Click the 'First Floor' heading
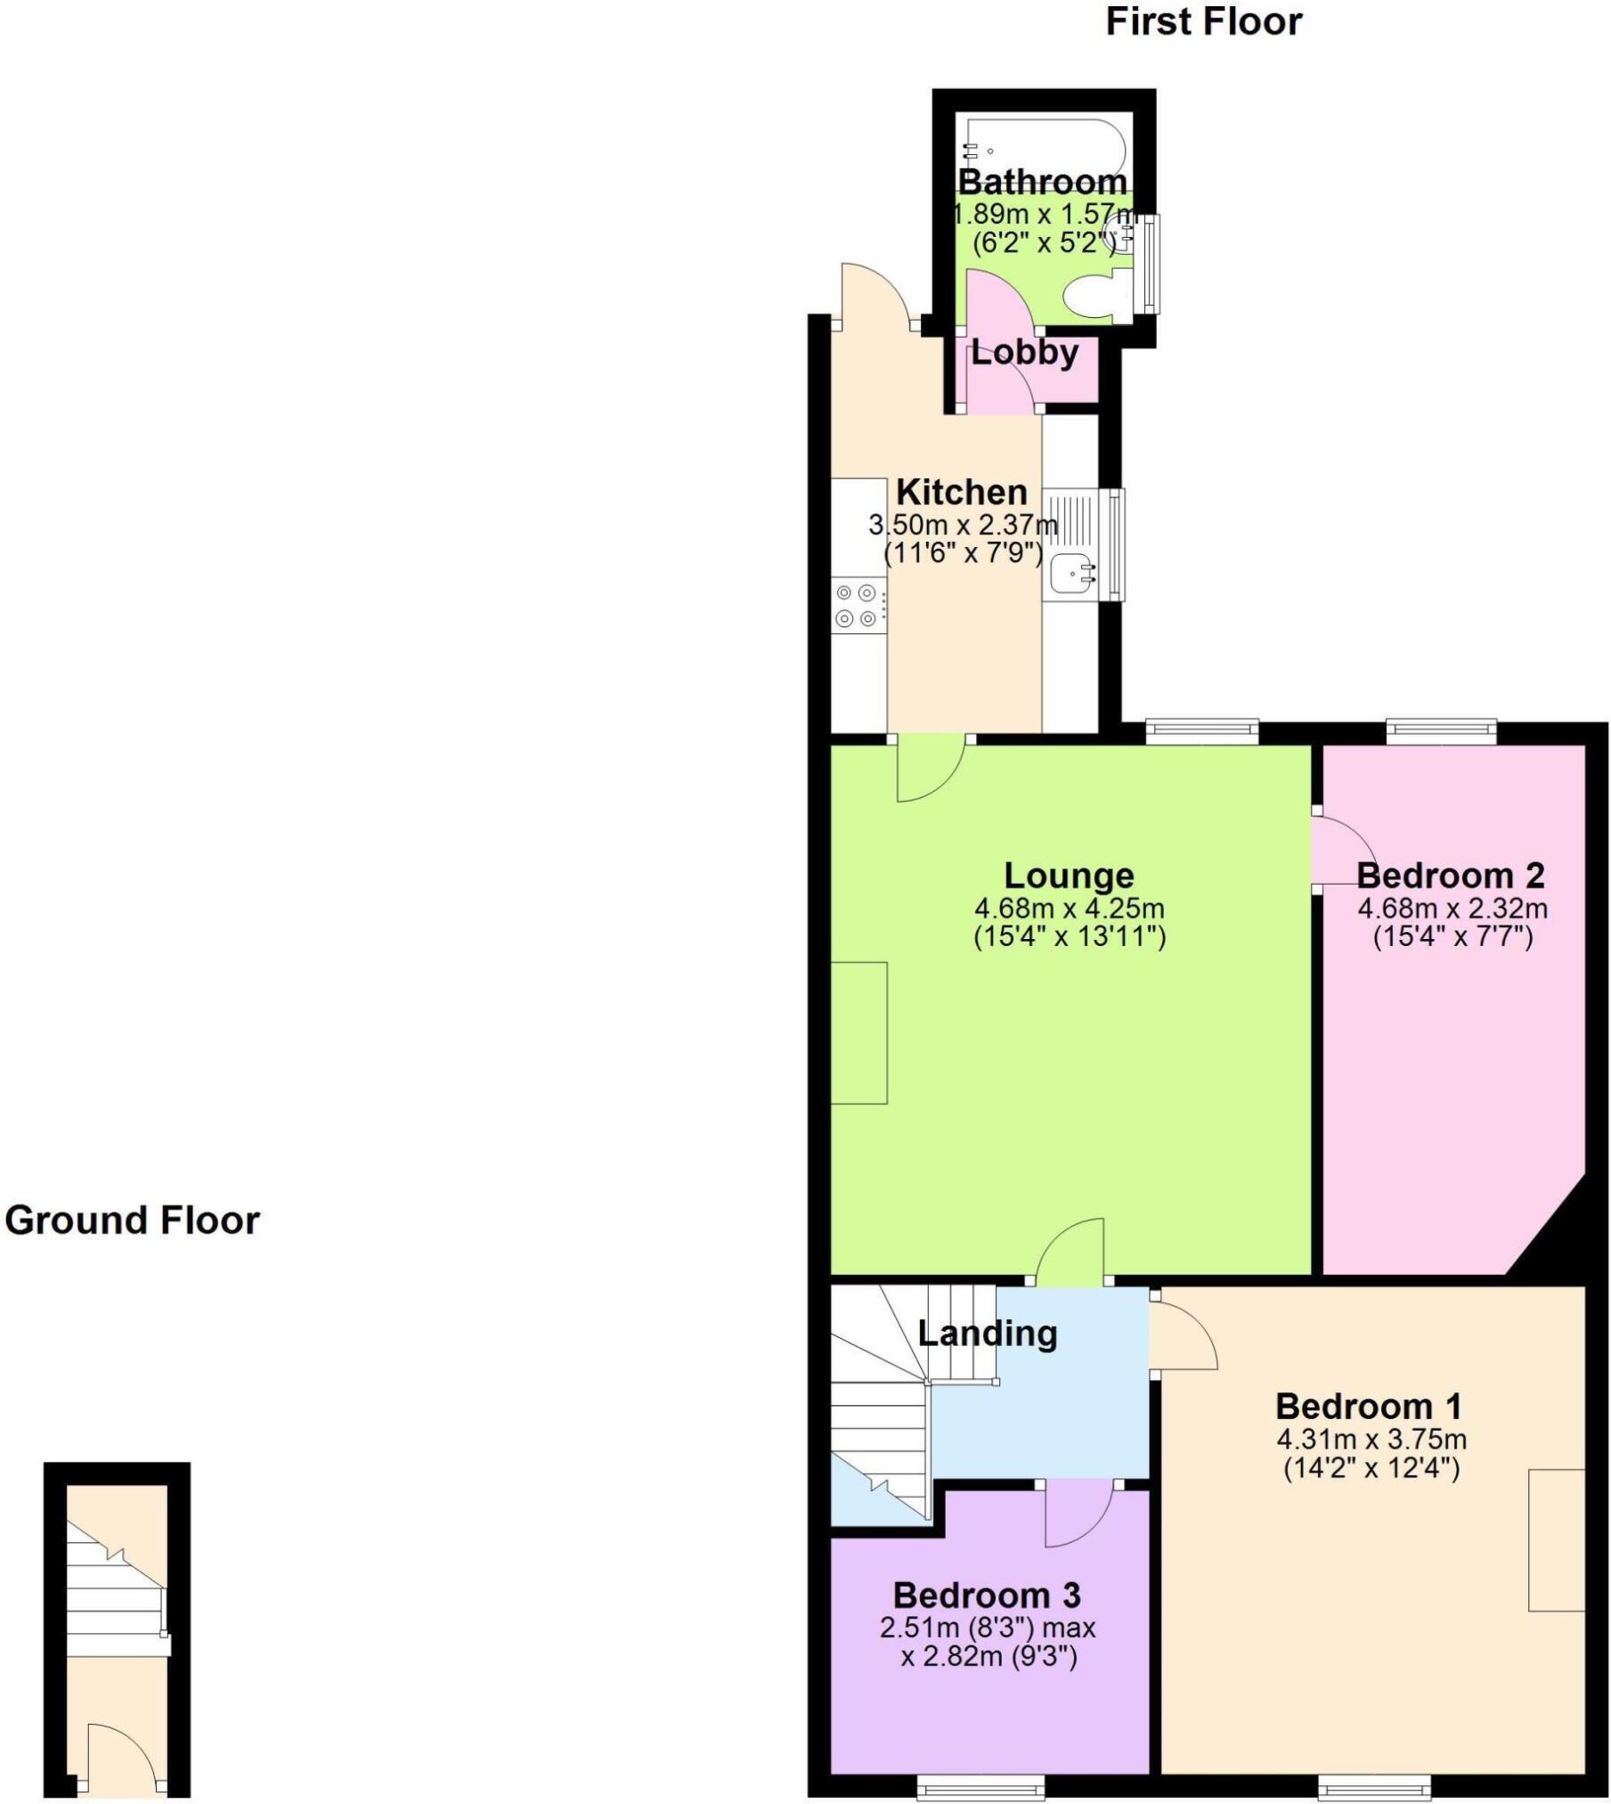pyautogui.click(x=1203, y=22)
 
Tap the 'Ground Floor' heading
pyautogui.click(x=132, y=1220)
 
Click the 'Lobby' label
pyautogui.click(x=1024, y=353)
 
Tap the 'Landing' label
pyautogui.click(x=987, y=1334)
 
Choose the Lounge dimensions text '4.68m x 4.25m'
pyautogui.click(x=1069, y=909)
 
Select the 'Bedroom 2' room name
pyautogui.click(x=1451, y=876)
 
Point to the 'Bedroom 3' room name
pyautogui.click(x=987, y=1594)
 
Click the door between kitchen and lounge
pyautogui.click(x=931, y=766)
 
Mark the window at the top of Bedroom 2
pyautogui.click(x=1440, y=731)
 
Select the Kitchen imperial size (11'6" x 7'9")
pyautogui.click(x=963, y=553)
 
